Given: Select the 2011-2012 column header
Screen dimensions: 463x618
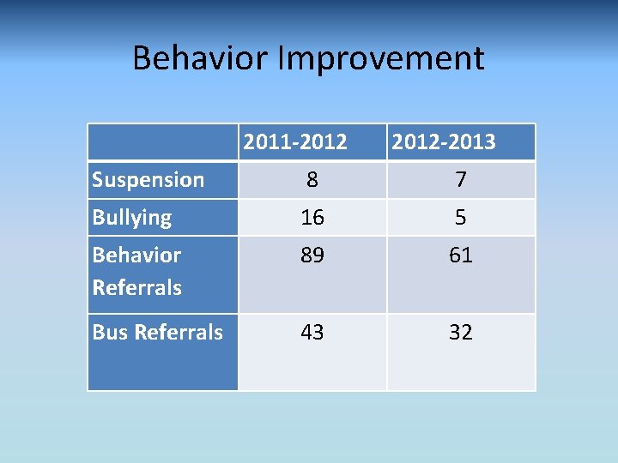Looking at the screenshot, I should tap(295, 141).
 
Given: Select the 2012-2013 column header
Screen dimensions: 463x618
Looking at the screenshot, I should tap(444, 141).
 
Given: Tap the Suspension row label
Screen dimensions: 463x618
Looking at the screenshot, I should tap(148, 179).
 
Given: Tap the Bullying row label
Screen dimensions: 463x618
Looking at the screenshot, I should tap(131, 217).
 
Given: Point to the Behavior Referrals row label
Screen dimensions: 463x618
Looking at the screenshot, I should tap(136, 271).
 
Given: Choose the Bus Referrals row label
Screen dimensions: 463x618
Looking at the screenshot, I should tap(157, 332).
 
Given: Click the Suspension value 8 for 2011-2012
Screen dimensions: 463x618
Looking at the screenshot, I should tap(312, 180).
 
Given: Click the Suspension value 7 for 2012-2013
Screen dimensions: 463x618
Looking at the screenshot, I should tap(461, 180).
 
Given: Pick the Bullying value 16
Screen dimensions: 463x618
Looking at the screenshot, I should tap(312, 218).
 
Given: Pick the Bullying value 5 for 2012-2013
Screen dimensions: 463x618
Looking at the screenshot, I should tap(461, 218).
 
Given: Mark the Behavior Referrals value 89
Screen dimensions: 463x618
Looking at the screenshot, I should tap(312, 256).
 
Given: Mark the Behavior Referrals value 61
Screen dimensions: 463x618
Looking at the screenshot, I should tap(461, 256).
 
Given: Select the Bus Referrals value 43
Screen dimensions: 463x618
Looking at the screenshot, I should tap(312, 333).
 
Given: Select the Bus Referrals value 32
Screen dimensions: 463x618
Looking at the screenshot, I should tap(461, 333).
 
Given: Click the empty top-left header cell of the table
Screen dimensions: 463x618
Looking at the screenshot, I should tap(162, 141).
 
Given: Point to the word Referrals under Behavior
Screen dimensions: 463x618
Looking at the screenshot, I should tap(136, 287).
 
